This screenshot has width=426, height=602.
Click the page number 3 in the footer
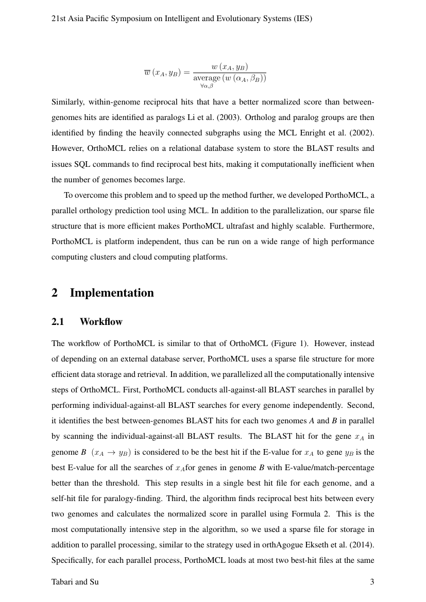372,582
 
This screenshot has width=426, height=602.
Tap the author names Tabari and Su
75,582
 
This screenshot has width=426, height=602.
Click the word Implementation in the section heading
112,293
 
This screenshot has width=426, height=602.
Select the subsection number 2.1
58,322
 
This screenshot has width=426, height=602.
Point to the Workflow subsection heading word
101,322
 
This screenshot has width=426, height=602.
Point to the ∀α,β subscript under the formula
207,86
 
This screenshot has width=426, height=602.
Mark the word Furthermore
352,226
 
